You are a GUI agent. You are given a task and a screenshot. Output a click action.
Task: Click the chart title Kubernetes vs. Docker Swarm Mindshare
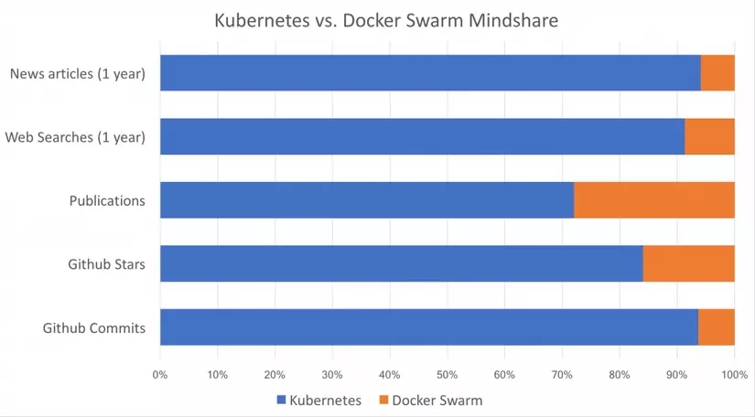pyautogui.click(x=385, y=19)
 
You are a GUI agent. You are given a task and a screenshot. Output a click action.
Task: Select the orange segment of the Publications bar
pyautogui.click(x=654, y=200)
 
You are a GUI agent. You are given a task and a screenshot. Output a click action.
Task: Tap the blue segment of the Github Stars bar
pyautogui.click(x=401, y=263)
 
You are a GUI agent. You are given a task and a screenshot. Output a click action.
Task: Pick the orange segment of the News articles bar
pyautogui.click(x=717, y=73)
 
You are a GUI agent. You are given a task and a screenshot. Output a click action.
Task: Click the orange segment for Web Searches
pyautogui.click(x=709, y=136)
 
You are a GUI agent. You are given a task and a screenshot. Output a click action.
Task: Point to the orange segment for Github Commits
pyautogui.click(x=717, y=327)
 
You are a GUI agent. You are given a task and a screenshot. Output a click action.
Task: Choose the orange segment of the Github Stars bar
pyautogui.click(x=688, y=263)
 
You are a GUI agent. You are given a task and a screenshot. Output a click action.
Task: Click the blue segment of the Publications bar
pyautogui.click(x=367, y=200)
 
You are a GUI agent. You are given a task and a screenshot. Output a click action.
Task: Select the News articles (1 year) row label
pyautogui.click(x=78, y=74)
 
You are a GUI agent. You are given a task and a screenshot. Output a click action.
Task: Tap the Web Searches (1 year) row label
pyautogui.click(x=75, y=137)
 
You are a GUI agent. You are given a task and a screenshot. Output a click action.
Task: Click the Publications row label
pyautogui.click(x=107, y=201)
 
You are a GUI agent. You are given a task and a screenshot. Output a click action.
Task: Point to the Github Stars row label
pyautogui.click(x=106, y=264)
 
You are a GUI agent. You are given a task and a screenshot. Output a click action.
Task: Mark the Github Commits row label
pyautogui.click(x=94, y=328)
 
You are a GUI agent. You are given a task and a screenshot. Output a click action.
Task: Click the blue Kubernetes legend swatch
pyautogui.click(x=282, y=401)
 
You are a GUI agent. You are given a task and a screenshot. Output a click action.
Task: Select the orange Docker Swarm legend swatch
pyautogui.click(x=383, y=401)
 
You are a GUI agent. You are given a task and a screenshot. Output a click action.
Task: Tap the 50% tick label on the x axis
pyautogui.click(x=448, y=374)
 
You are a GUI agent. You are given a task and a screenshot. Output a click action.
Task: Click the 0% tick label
pyautogui.click(x=160, y=374)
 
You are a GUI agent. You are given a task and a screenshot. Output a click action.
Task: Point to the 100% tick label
pyautogui.click(x=734, y=374)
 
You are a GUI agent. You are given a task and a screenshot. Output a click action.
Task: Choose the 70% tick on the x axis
pyautogui.click(x=563, y=374)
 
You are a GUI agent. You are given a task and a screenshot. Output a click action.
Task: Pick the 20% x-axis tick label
pyautogui.click(x=275, y=374)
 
